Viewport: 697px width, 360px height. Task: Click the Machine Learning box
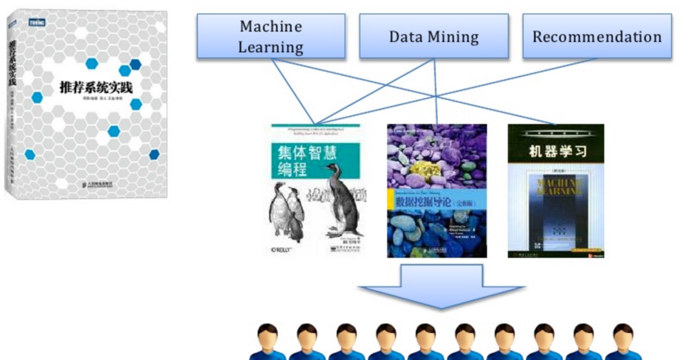pyautogui.click(x=271, y=36)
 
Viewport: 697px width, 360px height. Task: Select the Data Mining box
pyautogui.click(x=434, y=36)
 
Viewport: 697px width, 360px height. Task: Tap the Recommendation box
pyautogui.click(x=597, y=36)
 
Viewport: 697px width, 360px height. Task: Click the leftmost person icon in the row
pyautogui.click(x=267, y=342)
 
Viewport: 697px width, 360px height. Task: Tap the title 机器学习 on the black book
pyautogui.click(x=555, y=151)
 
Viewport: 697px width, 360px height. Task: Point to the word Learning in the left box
pyautogui.click(x=271, y=47)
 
